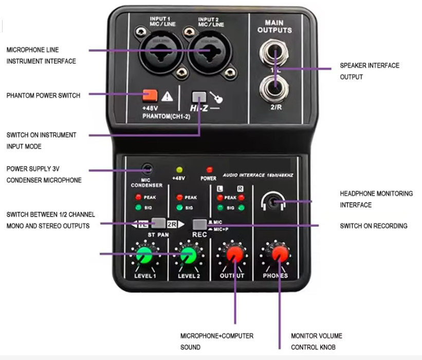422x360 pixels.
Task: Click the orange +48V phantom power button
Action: tap(150, 95)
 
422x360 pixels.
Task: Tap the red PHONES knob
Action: tap(280, 254)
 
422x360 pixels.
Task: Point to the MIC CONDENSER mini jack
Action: tap(148, 168)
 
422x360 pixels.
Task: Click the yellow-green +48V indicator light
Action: tap(179, 169)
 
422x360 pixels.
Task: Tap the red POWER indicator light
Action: tap(209, 169)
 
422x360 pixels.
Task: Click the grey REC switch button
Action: tap(199, 224)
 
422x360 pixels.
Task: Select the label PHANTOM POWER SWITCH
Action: tap(43, 95)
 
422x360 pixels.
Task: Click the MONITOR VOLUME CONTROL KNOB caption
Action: tap(317, 341)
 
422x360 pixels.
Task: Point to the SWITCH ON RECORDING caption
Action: tap(374, 226)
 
